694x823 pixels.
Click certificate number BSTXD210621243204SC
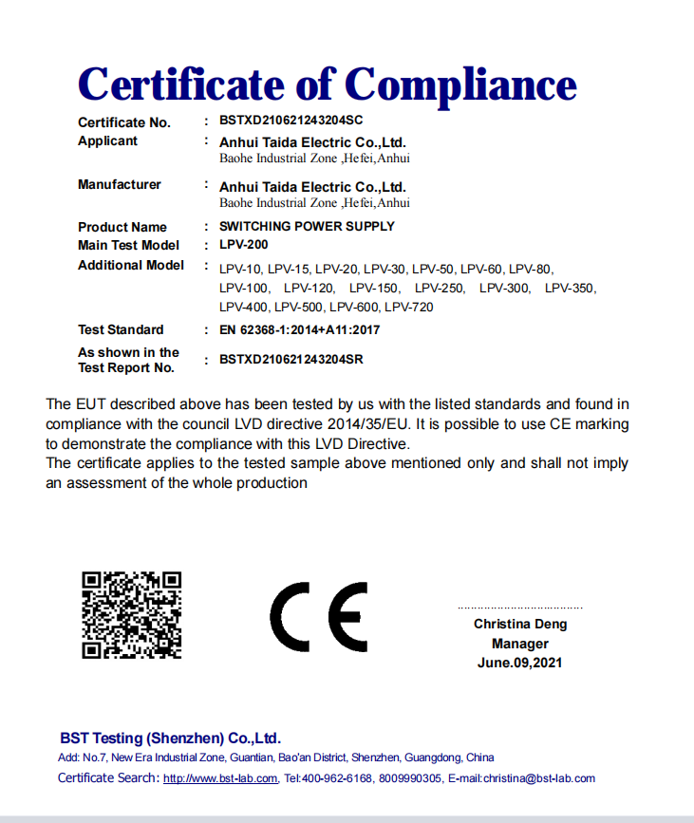(x=291, y=121)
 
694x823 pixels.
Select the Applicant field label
(x=107, y=140)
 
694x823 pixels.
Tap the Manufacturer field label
(x=120, y=184)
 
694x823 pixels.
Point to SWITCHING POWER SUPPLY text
(x=307, y=226)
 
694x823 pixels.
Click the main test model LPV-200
(x=243, y=245)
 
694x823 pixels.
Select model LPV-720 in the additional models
(x=409, y=307)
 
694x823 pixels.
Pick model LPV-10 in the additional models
(x=240, y=269)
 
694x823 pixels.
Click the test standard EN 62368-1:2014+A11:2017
(x=299, y=329)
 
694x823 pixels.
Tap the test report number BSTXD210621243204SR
(x=291, y=360)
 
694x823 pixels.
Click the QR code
(x=131, y=615)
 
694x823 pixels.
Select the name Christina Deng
(x=520, y=624)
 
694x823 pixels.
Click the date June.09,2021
(x=519, y=663)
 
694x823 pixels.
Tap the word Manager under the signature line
(x=520, y=644)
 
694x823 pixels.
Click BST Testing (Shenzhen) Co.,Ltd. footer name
(x=170, y=738)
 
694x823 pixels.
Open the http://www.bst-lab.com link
(x=220, y=778)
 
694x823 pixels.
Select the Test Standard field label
(x=121, y=329)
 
